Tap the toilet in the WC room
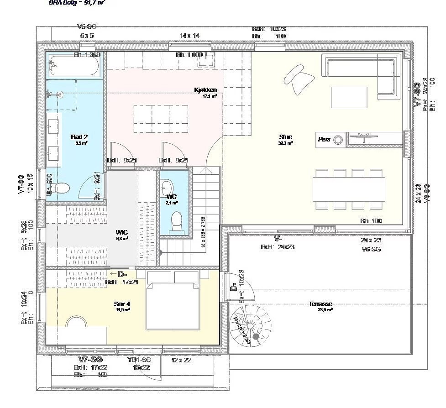click(174, 223)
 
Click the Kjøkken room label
click(205, 90)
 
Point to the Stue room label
click(286, 137)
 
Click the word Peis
click(324, 140)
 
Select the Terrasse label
click(320, 304)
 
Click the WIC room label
click(121, 232)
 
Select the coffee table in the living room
click(349, 97)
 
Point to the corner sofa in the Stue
click(365, 68)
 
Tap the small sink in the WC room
click(167, 188)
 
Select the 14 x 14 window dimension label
click(189, 36)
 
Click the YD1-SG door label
click(139, 360)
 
